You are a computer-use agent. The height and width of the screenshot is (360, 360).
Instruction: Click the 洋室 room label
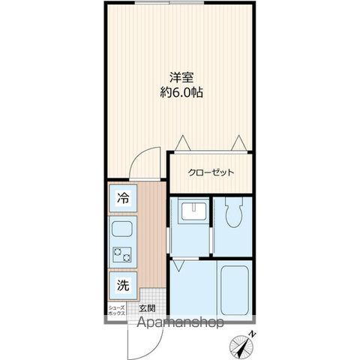point(181,76)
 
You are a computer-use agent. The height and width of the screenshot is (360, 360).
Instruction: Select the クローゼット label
point(211,172)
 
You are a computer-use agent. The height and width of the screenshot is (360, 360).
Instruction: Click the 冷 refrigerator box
point(123,200)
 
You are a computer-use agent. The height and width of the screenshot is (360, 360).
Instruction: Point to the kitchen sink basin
point(121,229)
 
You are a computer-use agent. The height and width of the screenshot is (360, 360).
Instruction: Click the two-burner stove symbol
point(121,256)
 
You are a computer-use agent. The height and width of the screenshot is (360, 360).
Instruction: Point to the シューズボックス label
point(117,309)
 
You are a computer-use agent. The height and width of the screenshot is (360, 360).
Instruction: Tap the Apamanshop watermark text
point(180,324)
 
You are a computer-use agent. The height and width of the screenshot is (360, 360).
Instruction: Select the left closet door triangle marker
point(181,142)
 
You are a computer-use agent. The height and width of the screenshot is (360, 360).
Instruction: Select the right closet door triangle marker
point(239,142)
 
